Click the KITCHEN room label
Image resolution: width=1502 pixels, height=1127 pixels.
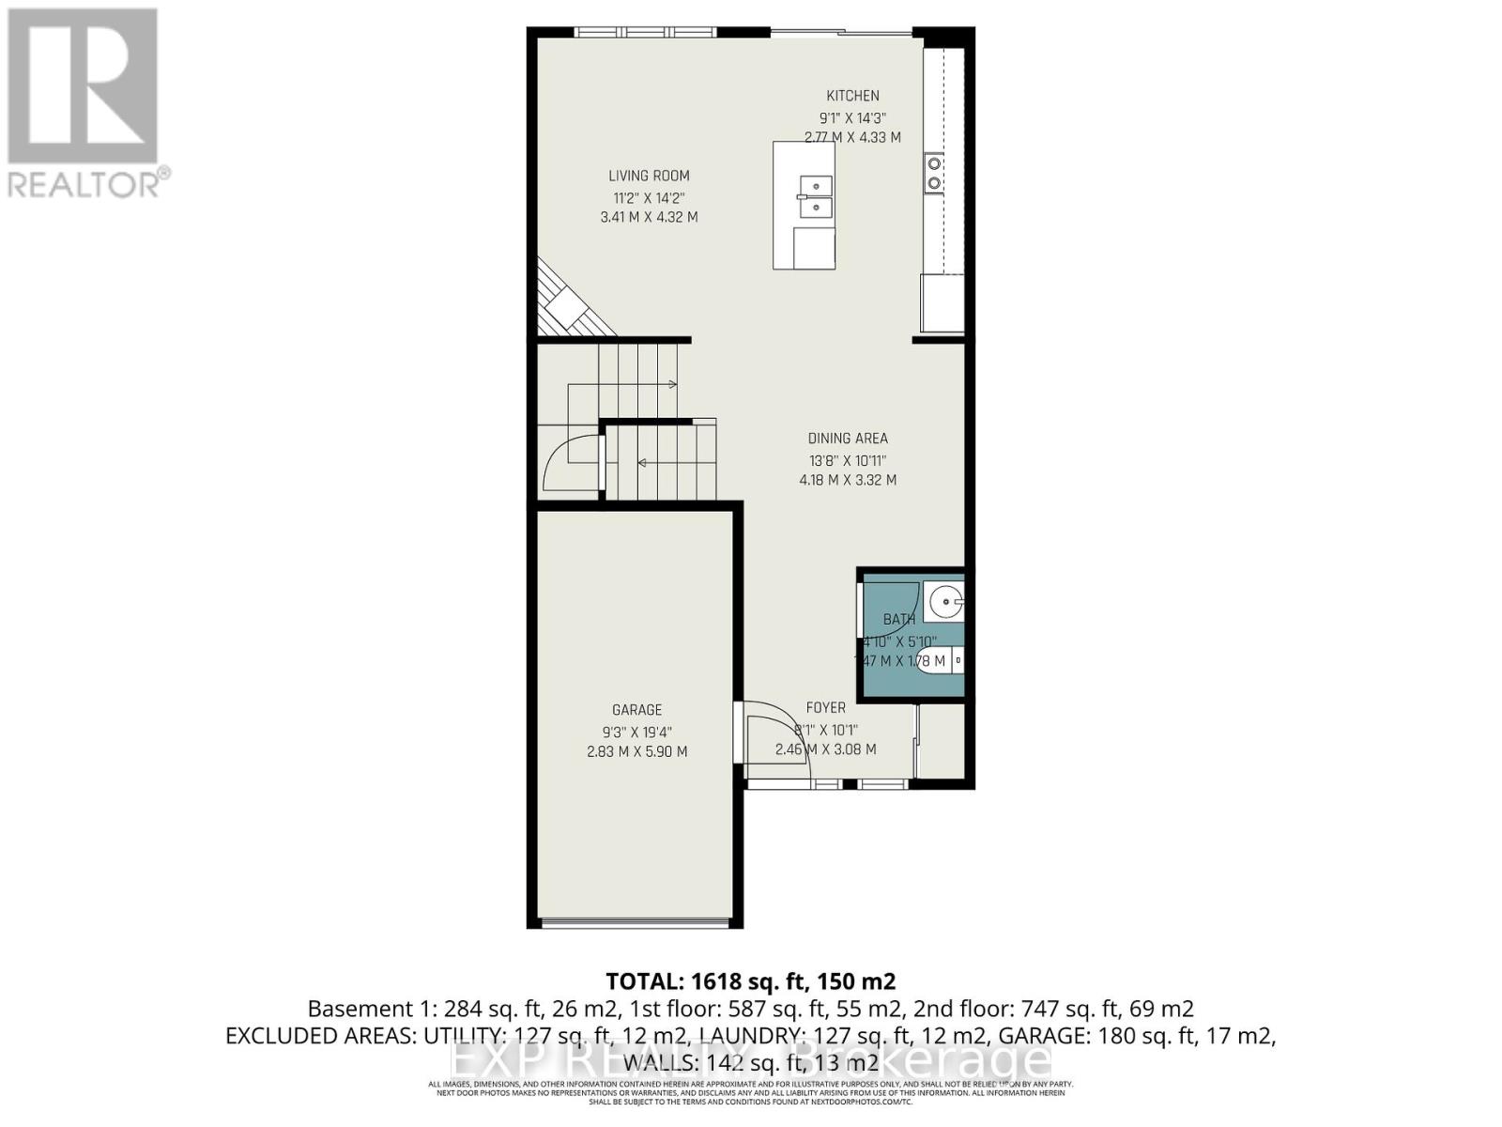(852, 96)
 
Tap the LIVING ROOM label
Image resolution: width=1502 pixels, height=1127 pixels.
(649, 176)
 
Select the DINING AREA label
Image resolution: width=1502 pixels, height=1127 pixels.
(848, 439)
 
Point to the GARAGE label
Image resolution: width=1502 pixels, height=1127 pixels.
(637, 710)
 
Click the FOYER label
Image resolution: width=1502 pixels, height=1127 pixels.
(826, 708)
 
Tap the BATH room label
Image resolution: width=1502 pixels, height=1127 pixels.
(899, 620)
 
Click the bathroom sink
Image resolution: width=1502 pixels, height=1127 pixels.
(943, 601)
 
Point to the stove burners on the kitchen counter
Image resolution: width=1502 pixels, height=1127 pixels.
(934, 173)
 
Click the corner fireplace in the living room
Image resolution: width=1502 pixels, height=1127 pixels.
(565, 305)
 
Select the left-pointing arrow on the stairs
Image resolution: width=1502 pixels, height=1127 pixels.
(640, 462)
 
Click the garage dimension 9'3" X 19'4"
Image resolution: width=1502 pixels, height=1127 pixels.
(637, 733)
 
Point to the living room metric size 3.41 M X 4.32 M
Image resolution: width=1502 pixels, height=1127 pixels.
(649, 217)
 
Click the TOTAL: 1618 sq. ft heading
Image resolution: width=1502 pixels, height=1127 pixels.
(751, 982)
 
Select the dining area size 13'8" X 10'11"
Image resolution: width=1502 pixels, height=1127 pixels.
(848, 461)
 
